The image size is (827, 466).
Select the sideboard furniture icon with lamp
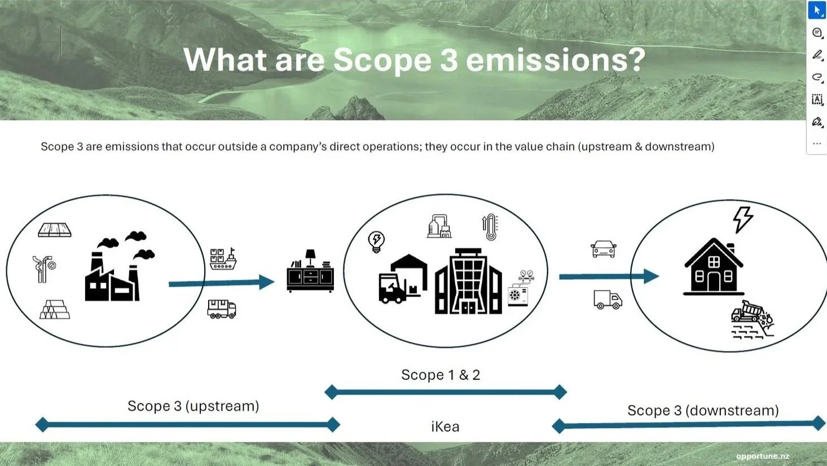(x=310, y=272)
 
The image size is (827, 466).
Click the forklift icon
(x=393, y=288)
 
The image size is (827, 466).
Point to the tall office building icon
(x=468, y=282)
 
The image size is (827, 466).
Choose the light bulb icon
(x=376, y=241)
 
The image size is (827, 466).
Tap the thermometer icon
(x=490, y=227)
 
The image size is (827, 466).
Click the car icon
(x=603, y=249)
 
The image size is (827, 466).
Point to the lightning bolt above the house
(x=742, y=219)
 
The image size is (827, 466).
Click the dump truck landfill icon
(x=752, y=320)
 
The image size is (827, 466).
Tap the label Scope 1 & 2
(x=440, y=375)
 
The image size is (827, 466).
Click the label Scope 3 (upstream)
(x=193, y=406)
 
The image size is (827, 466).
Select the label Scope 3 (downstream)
(x=703, y=411)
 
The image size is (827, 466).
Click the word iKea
(x=445, y=427)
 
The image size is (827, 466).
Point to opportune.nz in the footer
(x=762, y=456)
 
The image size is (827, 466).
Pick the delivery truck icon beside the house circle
(x=608, y=300)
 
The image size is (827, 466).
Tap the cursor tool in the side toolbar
(x=816, y=10)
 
